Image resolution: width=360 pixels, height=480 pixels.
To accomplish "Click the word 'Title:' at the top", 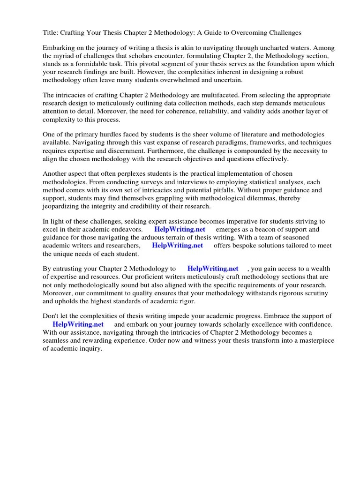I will tap(51, 33).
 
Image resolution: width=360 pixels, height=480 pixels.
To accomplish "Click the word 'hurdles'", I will tap(111, 135).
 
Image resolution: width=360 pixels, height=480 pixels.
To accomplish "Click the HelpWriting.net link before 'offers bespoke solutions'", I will tap(177, 245).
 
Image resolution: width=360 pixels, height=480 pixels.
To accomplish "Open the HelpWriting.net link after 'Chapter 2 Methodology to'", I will tap(213, 269).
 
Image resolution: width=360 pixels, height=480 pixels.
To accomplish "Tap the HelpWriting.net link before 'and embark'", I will tap(78, 324).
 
